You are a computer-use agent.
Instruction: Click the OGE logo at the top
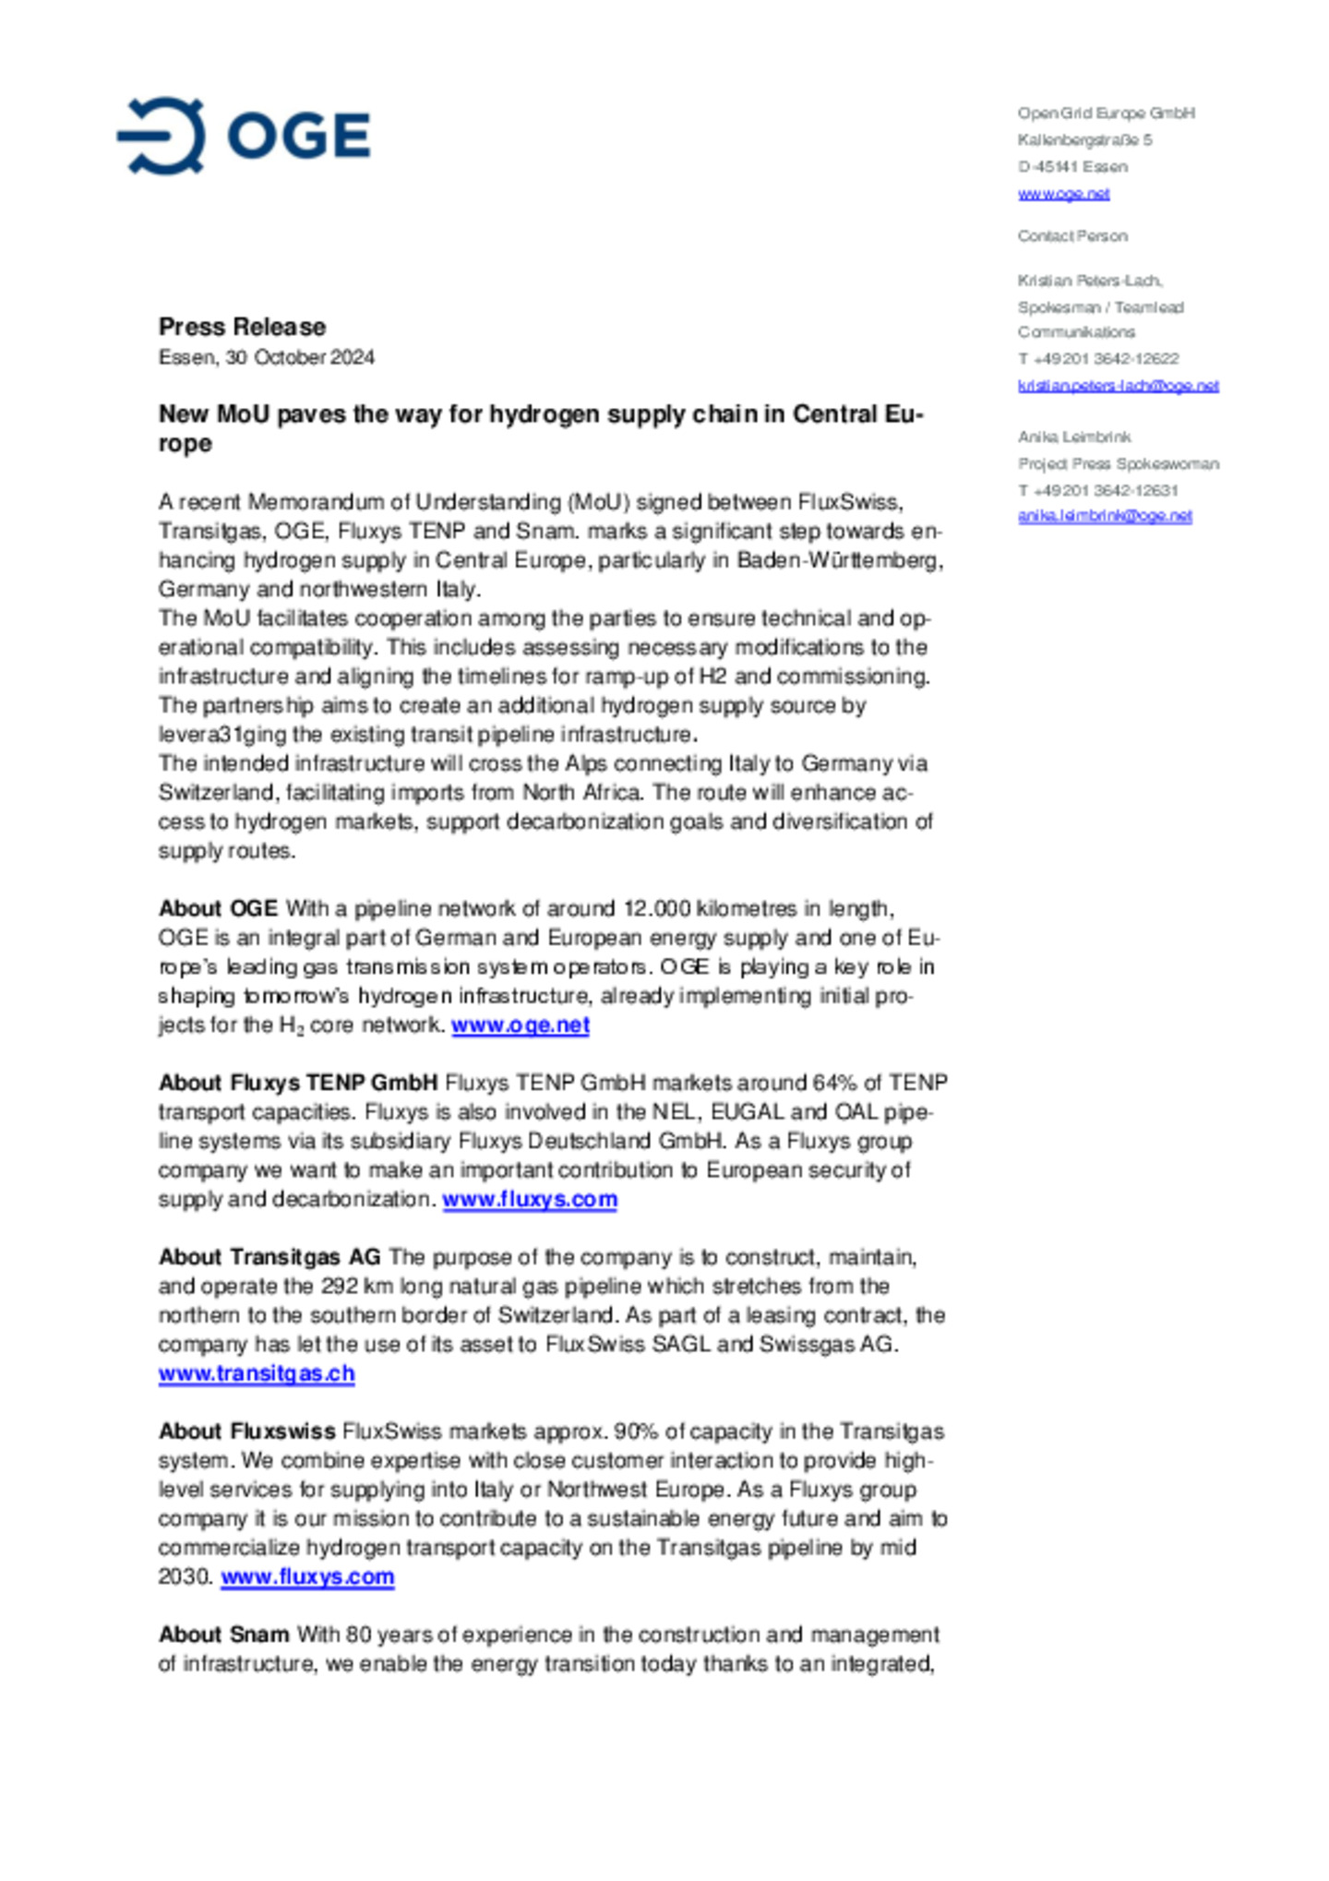click(x=244, y=136)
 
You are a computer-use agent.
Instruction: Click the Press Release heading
click(x=242, y=327)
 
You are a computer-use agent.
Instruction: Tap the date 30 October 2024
click(x=300, y=357)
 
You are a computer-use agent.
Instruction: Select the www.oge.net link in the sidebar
click(x=1063, y=194)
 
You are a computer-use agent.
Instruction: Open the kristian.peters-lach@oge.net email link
click(x=1118, y=386)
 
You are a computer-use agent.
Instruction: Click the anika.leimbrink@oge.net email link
click(x=1105, y=516)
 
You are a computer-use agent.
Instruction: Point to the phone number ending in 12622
click(x=1098, y=359)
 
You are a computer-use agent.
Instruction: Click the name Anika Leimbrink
click(x=1074, y=437)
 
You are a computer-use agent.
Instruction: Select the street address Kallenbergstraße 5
click(x=1084, y=140)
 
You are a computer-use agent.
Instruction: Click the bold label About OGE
click(x=218, y=909)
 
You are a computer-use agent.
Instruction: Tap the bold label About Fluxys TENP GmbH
click(x=298, y=1083)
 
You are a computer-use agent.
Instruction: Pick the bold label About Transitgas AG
click(x=269, y=1257)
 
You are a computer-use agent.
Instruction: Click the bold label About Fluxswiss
click(x=246, y=1432)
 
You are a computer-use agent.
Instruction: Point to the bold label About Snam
click(x=223, y=1635)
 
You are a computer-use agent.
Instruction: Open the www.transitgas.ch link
click(x=257, y=1373)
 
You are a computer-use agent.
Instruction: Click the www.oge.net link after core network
click(x=521, y=1025)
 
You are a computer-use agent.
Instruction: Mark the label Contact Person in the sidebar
click(x=1072, y=236)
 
